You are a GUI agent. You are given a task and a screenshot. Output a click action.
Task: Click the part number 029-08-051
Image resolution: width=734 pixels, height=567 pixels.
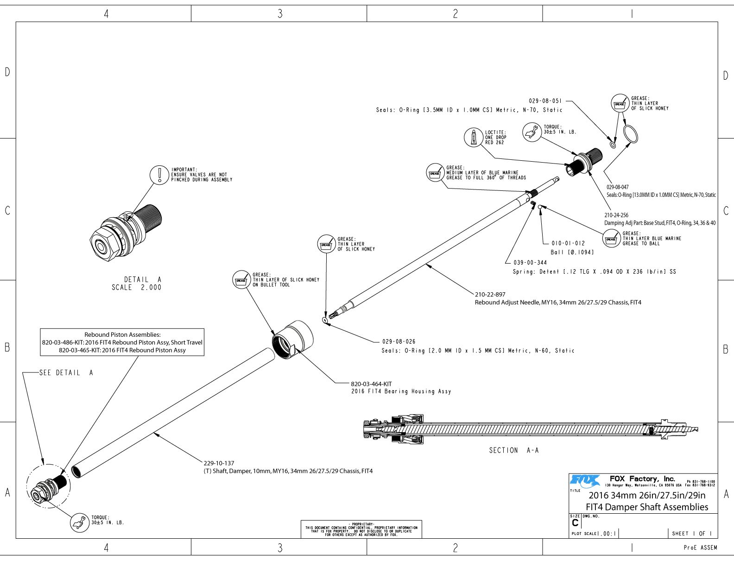(545, 101)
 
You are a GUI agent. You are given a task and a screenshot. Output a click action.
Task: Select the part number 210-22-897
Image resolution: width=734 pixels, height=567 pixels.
(490, 294)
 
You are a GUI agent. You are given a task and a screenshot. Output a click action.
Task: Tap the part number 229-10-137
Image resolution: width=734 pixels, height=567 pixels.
(219, 463)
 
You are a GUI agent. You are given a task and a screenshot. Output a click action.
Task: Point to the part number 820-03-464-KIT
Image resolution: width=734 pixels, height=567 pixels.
(371, 384)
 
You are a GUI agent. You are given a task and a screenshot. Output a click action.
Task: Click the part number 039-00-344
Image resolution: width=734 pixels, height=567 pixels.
(530, 263)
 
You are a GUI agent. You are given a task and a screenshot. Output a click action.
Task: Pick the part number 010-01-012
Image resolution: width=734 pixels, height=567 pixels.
(568, 243)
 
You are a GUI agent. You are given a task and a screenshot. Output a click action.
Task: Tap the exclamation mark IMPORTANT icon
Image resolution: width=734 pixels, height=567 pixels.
(159, 175)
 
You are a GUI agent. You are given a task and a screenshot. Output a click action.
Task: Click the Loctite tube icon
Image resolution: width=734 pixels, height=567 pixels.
(474, 137)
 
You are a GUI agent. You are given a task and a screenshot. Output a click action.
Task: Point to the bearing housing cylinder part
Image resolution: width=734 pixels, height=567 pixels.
(292, 339)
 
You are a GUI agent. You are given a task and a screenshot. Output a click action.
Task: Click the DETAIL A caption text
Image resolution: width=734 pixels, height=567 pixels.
(137, 283)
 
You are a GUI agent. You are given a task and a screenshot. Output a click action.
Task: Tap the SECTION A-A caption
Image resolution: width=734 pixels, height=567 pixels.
(514, 450)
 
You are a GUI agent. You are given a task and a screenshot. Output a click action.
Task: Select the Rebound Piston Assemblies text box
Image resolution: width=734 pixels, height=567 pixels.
(122, 342)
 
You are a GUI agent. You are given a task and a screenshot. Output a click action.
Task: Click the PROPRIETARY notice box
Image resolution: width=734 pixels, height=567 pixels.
(361, 529)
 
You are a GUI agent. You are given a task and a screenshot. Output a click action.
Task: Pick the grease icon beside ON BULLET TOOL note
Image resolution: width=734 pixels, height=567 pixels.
(241, 280)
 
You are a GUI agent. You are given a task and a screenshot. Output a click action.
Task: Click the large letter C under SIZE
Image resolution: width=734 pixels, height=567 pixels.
(575, 523)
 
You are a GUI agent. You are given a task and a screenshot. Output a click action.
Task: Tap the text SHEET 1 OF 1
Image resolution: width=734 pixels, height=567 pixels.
(692, 533)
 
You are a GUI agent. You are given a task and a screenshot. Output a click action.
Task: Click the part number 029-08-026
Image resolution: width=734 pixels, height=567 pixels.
(399, 341)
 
